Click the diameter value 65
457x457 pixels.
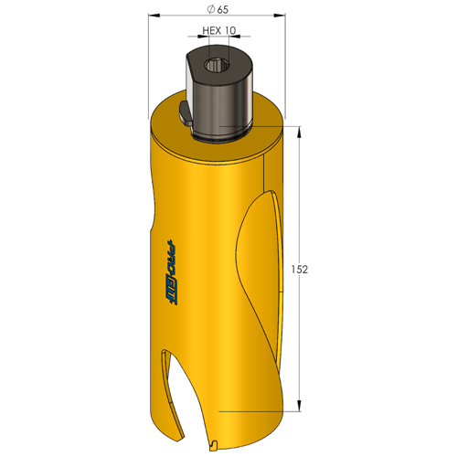click(x=223, y=9)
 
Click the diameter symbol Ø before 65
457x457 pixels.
click(x=210, y=9)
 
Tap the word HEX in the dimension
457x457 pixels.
click(x=212, y=30)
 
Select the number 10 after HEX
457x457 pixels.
click(x=230, y=30)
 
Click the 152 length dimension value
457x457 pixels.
click(x=300, y=270)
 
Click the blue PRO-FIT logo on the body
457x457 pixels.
click(x=172, y=272)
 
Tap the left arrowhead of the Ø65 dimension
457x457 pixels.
click(x=154, y=16)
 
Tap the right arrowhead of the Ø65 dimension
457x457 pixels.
click(x=280, y=16)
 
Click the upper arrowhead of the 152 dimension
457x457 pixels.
click(x=299, y=132)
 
